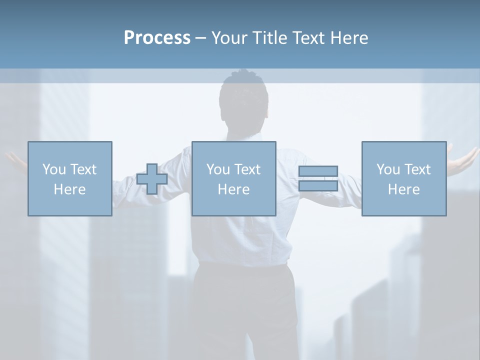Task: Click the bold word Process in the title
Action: point(157,38)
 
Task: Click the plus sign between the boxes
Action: point(152,179)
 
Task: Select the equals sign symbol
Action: point(318,178)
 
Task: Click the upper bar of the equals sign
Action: point(318,171)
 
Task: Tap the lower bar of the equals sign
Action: point(318,186)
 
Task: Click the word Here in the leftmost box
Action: point(69,189)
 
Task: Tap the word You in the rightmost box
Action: point(388,169)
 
